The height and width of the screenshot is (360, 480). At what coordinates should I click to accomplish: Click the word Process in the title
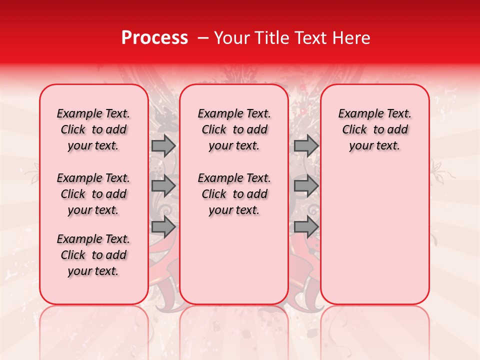coord(154,38)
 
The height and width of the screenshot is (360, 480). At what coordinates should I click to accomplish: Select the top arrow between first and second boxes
coord(163,145)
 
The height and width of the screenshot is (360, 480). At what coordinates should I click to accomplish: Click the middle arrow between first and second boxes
coord(163,185)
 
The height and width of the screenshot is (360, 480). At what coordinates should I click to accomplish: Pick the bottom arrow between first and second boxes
coord(163,226)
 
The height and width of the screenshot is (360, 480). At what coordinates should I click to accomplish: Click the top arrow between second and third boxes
coord(306,145)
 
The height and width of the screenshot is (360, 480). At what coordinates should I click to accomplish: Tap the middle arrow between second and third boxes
coord(306,185)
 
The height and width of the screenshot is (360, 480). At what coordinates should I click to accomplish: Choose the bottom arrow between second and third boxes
coord(306,226)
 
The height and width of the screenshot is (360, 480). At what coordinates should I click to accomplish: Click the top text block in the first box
coord(93,129)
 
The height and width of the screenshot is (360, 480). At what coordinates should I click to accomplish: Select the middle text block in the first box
coord(93,194)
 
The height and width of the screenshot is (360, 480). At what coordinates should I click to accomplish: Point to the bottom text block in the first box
coord(93,255)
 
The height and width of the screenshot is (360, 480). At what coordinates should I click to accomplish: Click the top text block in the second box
coord(234,129)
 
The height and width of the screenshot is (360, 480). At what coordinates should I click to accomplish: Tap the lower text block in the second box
coord(234,194)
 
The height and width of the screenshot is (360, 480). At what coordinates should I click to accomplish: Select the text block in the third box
coord(375,129)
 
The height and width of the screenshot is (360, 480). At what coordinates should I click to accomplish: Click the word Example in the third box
coord(356,114)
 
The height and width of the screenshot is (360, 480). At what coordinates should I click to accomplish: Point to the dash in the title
coord(203,38)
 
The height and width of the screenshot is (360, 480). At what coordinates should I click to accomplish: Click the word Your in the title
coord(230,38)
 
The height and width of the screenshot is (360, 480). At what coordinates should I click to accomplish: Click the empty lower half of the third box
coord(375,240)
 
